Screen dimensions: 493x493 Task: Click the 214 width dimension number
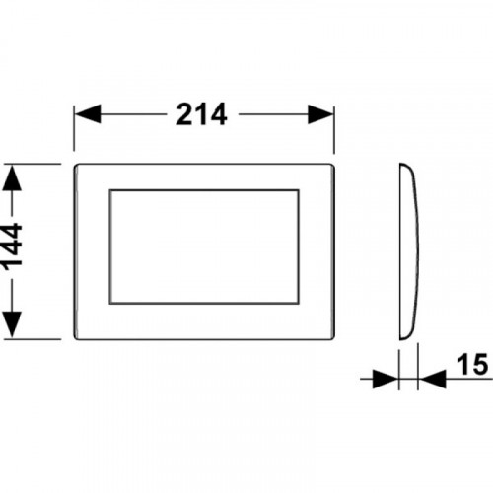point(201,114)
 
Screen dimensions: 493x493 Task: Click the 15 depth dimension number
point(472,364)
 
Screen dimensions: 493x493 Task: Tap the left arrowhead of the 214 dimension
point(88,114)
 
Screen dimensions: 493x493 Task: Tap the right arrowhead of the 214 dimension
point(320,114)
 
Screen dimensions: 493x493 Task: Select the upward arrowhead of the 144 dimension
point(12,177)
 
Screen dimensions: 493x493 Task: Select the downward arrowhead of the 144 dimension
point(12,324)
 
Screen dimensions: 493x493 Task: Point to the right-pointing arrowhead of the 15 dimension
point(386,379)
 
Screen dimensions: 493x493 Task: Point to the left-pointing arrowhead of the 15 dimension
point(432,379)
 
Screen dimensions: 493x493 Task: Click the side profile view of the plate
point(409,251)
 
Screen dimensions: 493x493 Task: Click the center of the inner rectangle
point(204,246)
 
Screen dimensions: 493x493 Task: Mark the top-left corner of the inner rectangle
point(109,189)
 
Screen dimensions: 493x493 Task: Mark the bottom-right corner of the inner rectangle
point(299,304)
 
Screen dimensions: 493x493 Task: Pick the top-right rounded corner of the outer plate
point(332,166)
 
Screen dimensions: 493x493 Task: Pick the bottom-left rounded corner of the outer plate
point(76,337)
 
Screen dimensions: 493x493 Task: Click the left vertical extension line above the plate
point(74,128)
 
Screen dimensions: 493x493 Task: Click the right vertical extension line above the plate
point(334,129)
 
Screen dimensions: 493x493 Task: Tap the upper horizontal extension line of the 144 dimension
point(32,164)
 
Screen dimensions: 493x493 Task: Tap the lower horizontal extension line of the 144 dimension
point(32,339)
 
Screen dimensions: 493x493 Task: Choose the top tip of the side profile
point(400,164)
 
